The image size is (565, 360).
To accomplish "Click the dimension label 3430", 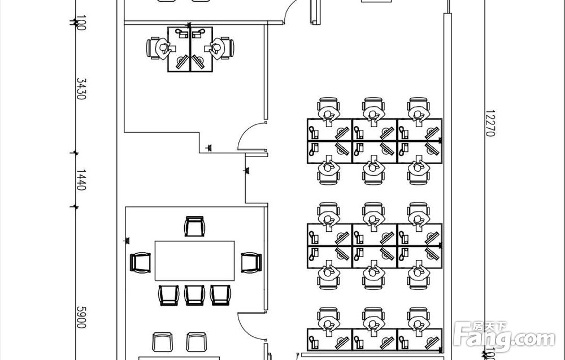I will [x=81, y=89].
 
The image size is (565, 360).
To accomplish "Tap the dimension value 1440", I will [x=81, y=180].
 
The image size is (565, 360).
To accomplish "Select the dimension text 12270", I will [x=489, y=124].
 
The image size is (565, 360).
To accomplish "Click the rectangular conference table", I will [x=194, y=260].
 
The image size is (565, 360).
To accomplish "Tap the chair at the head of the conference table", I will [x=194, y=226].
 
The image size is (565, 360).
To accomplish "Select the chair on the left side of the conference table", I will [x=140, y=262].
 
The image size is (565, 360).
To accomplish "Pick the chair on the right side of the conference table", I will [x=251, y=262].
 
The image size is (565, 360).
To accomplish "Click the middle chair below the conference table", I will [x=194, y=294].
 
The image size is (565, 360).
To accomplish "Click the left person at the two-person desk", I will [x=160, y=47].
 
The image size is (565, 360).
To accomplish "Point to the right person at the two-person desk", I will [x=220, y=47].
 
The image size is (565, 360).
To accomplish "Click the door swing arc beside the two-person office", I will [x=249, y=137].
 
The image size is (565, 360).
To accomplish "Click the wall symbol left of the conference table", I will [x=126, y=241].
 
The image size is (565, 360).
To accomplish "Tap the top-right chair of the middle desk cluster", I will [x=418, y=212].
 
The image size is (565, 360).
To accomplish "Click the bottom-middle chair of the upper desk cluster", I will [x=373, y=173].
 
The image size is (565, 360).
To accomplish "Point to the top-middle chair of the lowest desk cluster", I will [x=373, y=317].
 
